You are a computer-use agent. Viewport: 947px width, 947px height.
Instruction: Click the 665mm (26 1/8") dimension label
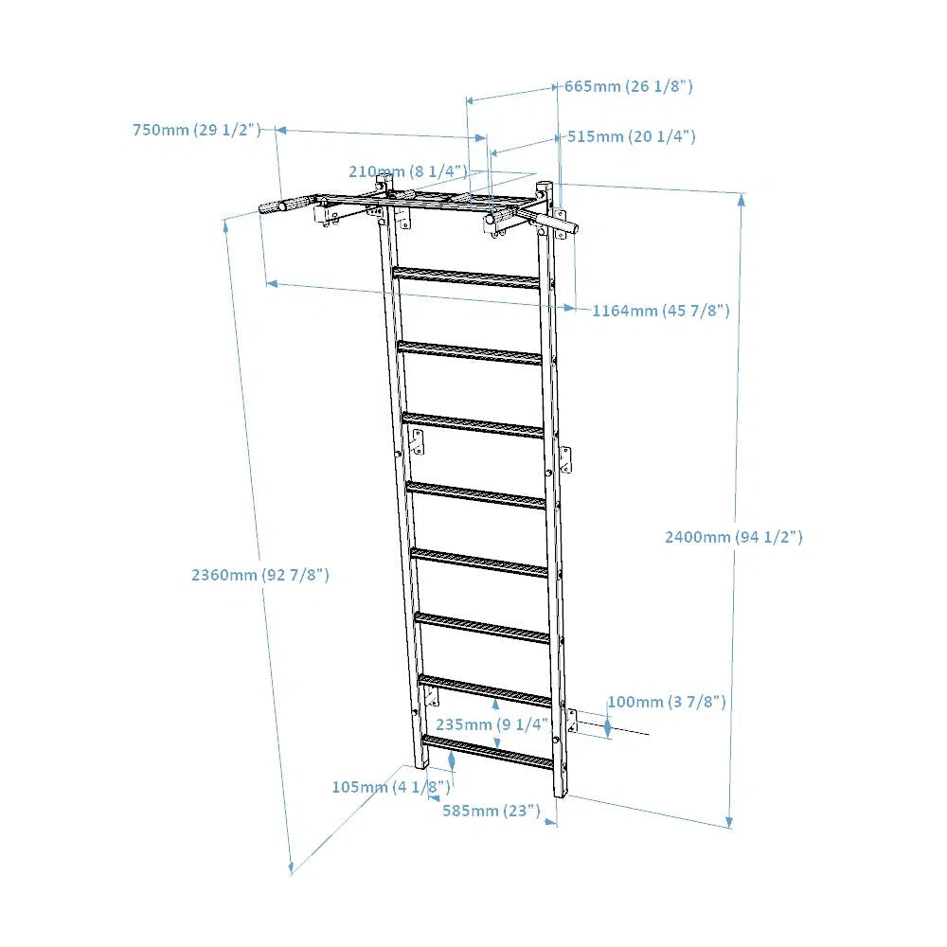pos(629,86)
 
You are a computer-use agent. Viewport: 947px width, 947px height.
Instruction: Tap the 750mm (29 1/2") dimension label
pos(197,130)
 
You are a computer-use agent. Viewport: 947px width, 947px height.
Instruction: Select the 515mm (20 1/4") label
pos(631,136)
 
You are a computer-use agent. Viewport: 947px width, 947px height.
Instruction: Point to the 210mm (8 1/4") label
pos(408,171)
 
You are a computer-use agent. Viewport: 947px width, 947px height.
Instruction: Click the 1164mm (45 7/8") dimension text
pos(661,311)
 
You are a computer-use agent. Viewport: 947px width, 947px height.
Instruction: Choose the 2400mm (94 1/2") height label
pos(734,537)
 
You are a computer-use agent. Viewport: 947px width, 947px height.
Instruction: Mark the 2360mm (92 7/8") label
pos(260,575)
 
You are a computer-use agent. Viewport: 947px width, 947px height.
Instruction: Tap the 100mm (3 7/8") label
pos(667,702)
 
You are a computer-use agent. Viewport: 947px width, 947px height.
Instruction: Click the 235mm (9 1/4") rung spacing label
pos(492,724)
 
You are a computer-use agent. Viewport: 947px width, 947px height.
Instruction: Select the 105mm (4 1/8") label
pos(391,787)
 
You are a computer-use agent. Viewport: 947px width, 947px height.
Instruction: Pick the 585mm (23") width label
pos(491,811)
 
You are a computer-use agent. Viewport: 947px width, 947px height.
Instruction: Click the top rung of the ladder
pos(466,277)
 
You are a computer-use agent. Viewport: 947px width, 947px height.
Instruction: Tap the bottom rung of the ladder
pos(488,752)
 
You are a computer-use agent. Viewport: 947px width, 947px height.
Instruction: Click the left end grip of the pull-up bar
pos(289,204)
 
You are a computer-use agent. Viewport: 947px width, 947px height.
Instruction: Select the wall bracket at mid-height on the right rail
pos(565,461)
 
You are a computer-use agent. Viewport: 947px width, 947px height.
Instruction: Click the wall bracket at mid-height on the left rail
pos(417,442)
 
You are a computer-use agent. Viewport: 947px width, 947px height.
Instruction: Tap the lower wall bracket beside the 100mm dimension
pos(571,723)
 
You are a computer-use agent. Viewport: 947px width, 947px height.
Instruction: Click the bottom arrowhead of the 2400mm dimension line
pos(729,822)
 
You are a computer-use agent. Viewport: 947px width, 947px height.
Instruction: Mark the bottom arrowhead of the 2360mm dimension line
pos(291,867)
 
